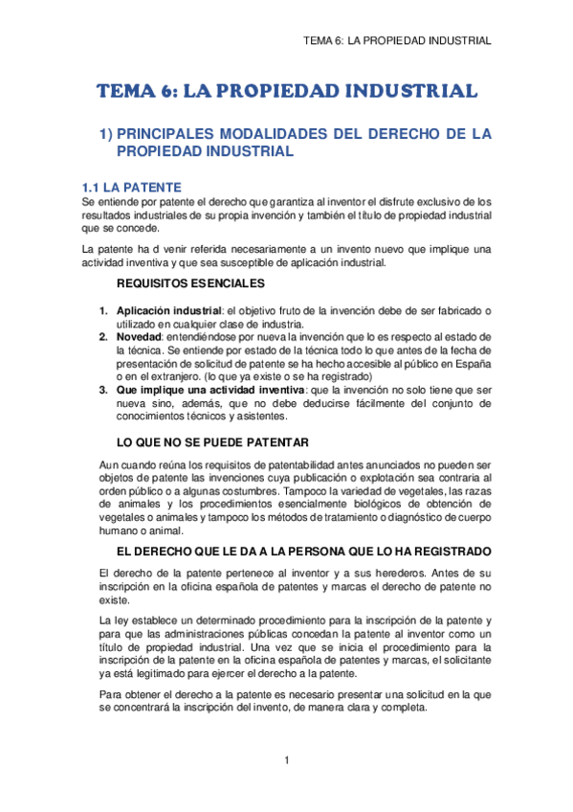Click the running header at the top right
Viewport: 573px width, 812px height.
(x=396, y=41)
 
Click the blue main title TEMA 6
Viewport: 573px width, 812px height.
(x=286, y=92)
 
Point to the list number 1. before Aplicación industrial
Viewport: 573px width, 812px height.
(x=104, y=310)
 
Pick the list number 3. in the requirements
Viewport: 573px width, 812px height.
(x=104, y=391)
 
